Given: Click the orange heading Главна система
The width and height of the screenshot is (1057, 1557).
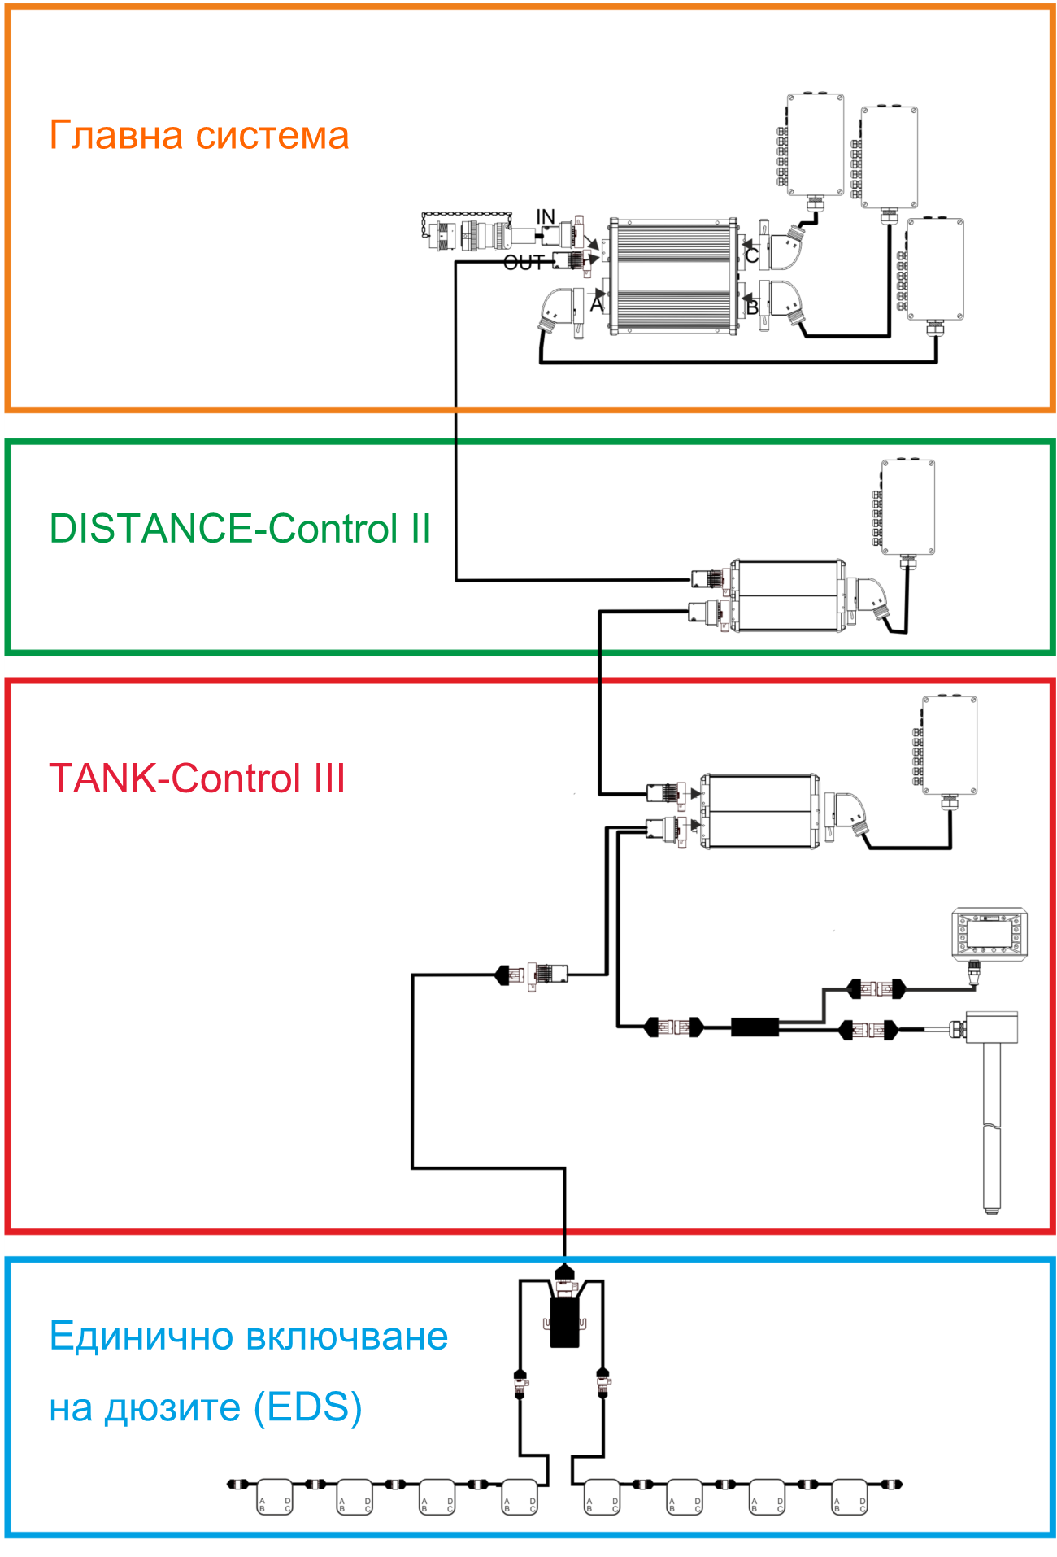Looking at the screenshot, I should pyautogui.click(x=199, y=135).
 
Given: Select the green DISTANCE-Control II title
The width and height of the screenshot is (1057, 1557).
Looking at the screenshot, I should pyautogui.click(x=240, y=529).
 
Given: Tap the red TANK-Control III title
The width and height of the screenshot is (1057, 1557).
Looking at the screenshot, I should pyautogui.click(x=197, y=778).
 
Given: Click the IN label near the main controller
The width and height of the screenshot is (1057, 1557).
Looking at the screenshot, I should pyautogui.click(x=546, y=217).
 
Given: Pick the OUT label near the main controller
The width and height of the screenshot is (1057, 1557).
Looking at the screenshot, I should pyautogui.click(x=524, y=263).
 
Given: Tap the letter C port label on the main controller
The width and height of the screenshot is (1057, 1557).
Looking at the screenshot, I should pyautogui.click(x=752, y=255).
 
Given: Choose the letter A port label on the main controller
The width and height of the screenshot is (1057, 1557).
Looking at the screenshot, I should pyautogui.click(x=597, y=305).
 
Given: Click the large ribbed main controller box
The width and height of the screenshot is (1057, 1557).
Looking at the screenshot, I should pyautogui.click(x=675, y=277).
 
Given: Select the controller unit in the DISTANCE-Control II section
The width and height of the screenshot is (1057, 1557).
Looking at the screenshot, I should pyautogui.click(x=787, y=595).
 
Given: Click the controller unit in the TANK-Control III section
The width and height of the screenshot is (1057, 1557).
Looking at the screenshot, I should pyautogui.click(x=760, y=811).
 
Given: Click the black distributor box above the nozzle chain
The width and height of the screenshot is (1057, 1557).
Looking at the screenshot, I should pyautogui.click(x=564, y=1323).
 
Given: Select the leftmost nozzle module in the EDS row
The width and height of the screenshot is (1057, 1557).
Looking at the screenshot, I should pyautogui.click(x=274, y=1495).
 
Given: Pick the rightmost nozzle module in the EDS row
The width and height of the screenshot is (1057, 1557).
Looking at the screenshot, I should pyautogui.click(x=850, y=1495).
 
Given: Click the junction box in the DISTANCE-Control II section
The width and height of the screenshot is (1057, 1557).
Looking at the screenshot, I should pyautogui.click(x=908, y=507).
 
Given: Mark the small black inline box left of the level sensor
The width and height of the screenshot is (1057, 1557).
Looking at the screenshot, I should pyautogui.click(x=755, y=1027).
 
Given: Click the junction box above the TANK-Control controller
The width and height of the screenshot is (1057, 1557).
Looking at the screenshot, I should pyautogui.click(x=949, y=744).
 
